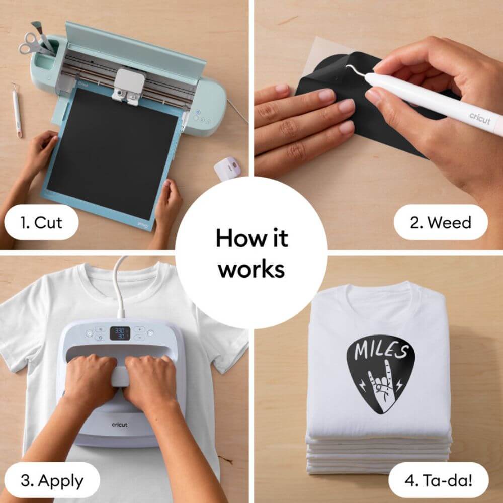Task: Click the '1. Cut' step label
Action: pos(41,222)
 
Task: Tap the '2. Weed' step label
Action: pos(441,222)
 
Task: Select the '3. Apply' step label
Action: pos(52,480)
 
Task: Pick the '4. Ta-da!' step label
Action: pos(438,480)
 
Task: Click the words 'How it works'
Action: pos(252,253)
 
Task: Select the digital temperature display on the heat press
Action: pos(120,333)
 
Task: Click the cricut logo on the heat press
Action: pos(120,425)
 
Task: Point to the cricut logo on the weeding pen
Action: pos(480,118)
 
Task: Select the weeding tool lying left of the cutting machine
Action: pos(17,110)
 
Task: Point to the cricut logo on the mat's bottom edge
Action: pos(143,225)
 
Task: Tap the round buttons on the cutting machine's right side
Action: pos(202,117)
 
